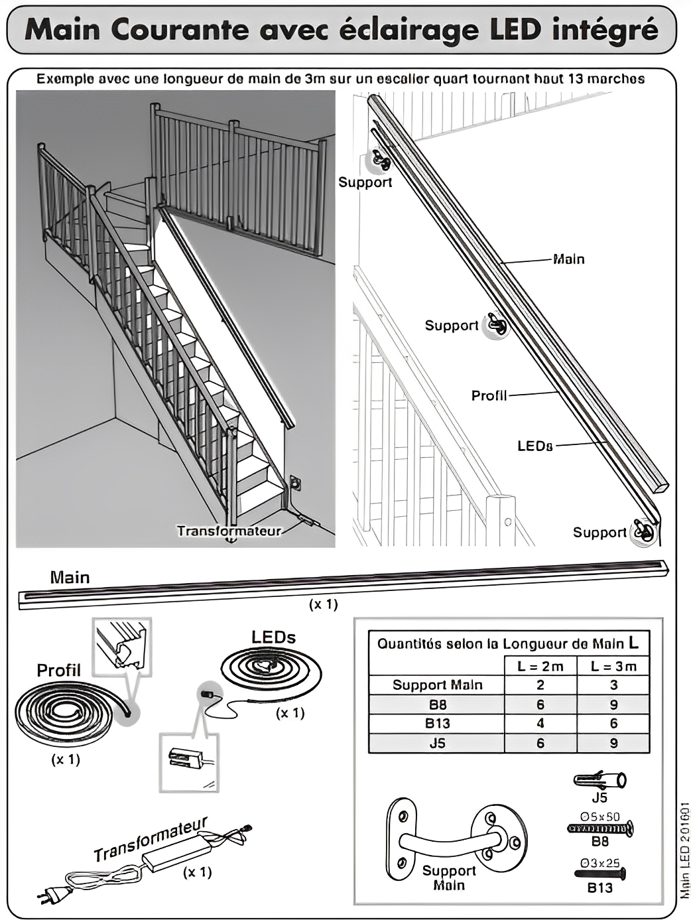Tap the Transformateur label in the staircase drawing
coord(229,531)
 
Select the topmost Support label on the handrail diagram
coord(365,182)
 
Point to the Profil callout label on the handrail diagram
coord(489,395)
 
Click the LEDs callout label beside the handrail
coord(534,446)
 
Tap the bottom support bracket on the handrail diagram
coord(643,531)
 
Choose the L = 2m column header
coord(540,666)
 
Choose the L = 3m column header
coord(613,666)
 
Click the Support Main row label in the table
coord(437,685)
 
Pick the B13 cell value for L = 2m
coord(540,723)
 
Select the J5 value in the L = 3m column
coord(613,743)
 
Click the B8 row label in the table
coord(437,704)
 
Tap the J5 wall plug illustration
coord(599,779)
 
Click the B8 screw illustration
coord(600,828)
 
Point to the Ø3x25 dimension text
coord(599,862)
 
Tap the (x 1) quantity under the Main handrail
coord(323,604)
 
